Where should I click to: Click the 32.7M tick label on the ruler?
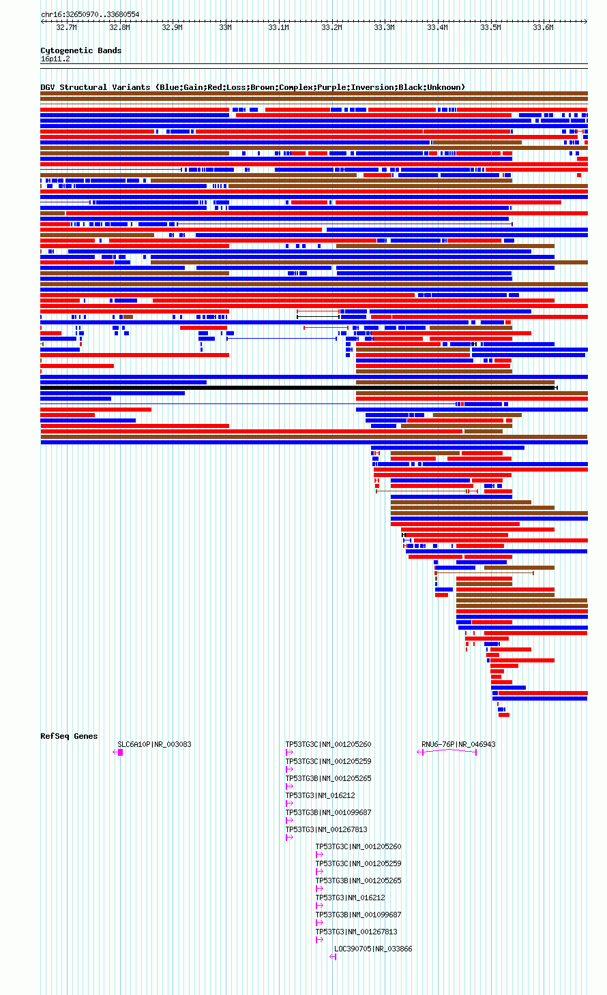(66, 27)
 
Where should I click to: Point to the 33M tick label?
(226, 27)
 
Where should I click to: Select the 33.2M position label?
(331, 27)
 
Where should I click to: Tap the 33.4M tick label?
(438, 27)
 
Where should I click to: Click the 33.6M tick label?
(544, 27)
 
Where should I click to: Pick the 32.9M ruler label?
(172, 27)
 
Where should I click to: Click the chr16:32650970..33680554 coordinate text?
(90, 15)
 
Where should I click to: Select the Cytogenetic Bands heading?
(81, 50)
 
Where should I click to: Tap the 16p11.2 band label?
(55, 59)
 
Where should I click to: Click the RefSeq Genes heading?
(69, 736)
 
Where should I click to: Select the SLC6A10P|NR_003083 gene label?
(154, 744)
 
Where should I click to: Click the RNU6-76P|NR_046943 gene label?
(458, 744)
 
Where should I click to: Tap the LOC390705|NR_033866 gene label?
(373, 949)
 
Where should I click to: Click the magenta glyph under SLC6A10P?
(118, 752)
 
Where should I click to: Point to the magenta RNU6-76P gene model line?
(447, 751)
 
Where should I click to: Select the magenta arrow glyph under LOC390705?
(333, 957)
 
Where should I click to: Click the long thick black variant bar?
(299, 388)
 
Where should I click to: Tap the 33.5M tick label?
(490, 27)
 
